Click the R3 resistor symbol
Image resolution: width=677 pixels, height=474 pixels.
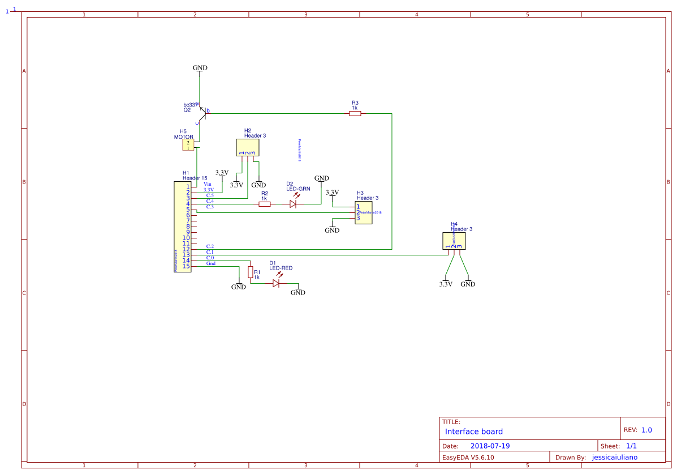pos(355,114)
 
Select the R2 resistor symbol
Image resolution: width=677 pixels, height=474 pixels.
pos(264,204)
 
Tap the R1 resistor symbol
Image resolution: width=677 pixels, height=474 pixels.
pos(250,273)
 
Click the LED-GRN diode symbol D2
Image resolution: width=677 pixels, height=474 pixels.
pos(293,204)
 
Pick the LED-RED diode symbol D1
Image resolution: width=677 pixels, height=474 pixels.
pos(276,283)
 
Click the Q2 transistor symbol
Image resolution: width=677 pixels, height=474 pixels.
pos(202,113)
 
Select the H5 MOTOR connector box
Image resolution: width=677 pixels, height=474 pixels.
pos(188,145)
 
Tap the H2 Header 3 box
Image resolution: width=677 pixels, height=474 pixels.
pos(247,148)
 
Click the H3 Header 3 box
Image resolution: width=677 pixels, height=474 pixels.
pos(363,212)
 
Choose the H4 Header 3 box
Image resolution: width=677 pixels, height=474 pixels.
pos(454,241)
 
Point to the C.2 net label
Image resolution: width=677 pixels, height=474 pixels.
pos(210,246)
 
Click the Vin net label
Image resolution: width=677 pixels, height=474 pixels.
pos(208,184)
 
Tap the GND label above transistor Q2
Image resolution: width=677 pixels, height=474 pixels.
pos(200,68)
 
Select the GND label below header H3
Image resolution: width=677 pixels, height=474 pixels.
pos(332,230)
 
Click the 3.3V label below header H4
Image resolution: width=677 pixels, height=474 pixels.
pos(446,284)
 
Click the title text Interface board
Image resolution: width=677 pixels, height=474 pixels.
pos(473,432)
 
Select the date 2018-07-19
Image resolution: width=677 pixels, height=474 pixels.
pos(490,446)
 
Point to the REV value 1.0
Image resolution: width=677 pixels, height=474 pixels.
pos(646,430)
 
